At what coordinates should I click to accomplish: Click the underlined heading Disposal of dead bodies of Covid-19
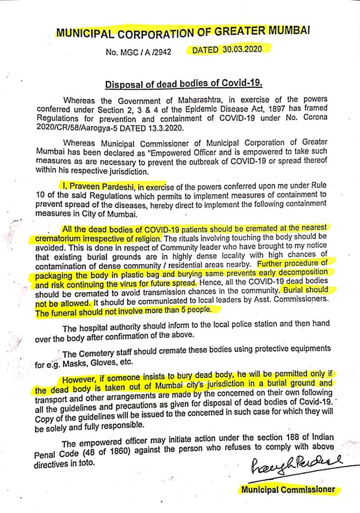click(x=182, y=84)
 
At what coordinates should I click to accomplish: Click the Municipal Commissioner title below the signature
click(x=287, y=489)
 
